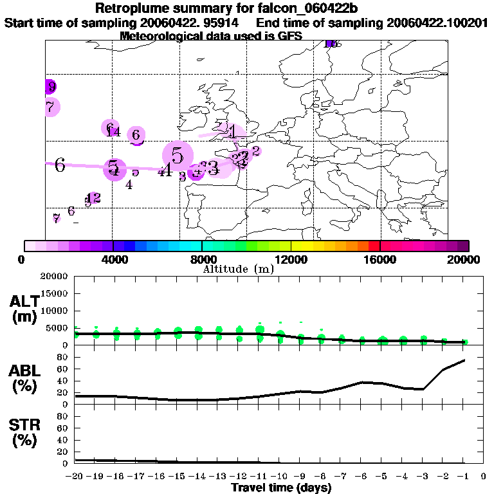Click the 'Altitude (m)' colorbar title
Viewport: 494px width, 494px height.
238,268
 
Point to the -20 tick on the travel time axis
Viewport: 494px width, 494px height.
75,477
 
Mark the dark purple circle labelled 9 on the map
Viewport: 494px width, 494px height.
50,87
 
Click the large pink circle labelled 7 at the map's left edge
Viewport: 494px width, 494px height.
50,107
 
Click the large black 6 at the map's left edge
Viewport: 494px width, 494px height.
60,165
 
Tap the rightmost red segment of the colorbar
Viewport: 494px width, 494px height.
374,246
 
